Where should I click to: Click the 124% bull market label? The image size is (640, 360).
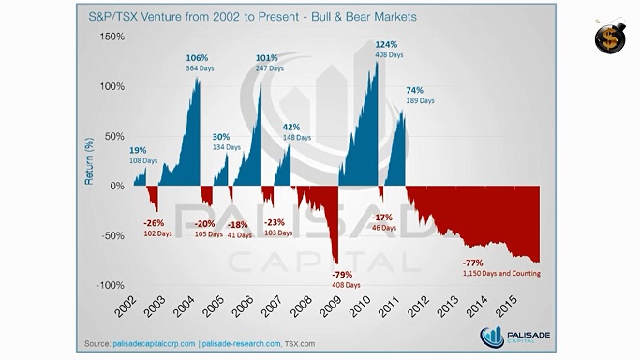[386, 44]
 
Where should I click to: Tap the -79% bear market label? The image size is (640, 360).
[342, 275]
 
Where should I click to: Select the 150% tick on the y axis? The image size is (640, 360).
[112, 37]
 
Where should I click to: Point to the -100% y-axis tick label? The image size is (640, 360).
[110, 285]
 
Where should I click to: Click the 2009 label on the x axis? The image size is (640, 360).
[330, 307]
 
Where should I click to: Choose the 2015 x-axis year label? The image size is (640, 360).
[506, 307]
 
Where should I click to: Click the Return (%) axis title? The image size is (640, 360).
[89, 161]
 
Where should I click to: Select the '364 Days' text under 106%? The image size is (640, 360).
[200, 68]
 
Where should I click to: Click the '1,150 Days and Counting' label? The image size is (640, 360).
[501, 274]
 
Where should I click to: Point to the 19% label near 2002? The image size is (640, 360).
[138, 151]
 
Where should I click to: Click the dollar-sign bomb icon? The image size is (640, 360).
[610, 37]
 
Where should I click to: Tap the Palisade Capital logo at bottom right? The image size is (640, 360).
[514, 337]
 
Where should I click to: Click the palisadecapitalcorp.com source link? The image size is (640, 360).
[154, 344]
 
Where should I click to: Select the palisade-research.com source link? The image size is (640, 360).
[242, 344]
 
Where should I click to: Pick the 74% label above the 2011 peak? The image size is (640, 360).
[414, 90]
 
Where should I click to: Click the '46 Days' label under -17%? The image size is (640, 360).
[384, 228]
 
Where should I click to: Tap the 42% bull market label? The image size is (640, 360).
[291, 127]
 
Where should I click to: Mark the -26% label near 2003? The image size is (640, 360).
[154, 223]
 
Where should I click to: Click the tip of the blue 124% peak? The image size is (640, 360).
[377, 62]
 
